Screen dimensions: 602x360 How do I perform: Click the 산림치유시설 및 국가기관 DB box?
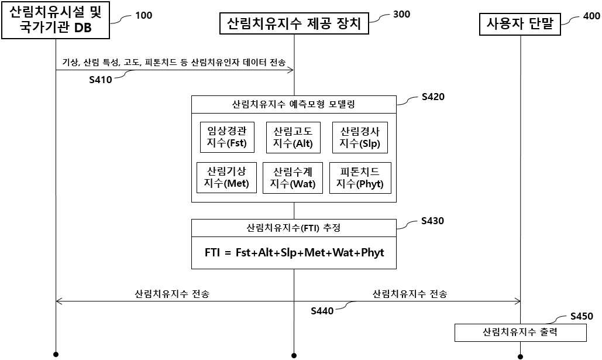click(56, 20)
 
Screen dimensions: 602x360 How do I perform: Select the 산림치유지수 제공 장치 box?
click(294, 24)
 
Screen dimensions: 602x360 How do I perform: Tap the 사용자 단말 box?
click(520, 24)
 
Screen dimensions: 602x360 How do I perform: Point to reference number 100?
click(143, 15)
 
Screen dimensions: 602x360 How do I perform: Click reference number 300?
click(401, 14)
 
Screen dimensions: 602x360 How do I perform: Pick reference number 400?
click(591, 16)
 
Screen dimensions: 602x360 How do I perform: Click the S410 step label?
click(101, 80)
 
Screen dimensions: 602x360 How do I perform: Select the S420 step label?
click(433, 97)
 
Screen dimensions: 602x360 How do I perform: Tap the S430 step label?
click(433, 221)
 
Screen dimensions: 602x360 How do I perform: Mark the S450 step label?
click(582, 316)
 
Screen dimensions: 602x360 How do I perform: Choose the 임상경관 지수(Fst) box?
click(227, 137)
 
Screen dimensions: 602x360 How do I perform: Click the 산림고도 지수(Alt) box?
click(293, 138)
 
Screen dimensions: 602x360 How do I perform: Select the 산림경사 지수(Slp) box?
click(360, 138)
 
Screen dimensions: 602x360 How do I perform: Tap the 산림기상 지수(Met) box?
click(226, 177)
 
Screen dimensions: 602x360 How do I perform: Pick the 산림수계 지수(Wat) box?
click(293, 177)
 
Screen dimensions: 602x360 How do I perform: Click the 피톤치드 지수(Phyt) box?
click(360, 177)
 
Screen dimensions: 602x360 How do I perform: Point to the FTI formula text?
click(294, 253)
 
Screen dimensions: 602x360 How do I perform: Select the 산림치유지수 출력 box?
click(521, 332)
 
